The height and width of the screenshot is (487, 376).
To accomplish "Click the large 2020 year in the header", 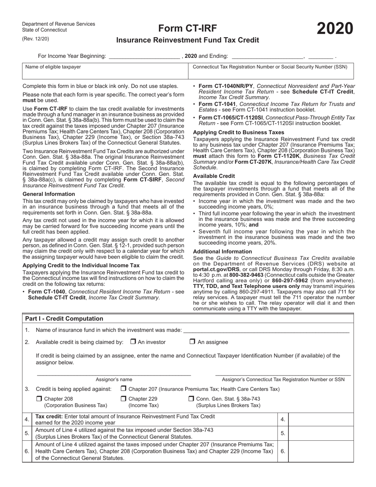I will [335, 29].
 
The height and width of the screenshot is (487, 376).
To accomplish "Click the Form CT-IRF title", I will [188, 28].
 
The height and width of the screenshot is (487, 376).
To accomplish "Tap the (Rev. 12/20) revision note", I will [36, 38].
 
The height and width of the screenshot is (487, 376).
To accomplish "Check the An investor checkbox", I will [133, 342].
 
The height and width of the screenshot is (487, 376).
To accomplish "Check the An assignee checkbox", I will [192, 342].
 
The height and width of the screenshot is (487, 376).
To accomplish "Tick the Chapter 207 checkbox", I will [123, 389].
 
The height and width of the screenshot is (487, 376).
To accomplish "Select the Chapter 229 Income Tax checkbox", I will [123, 399].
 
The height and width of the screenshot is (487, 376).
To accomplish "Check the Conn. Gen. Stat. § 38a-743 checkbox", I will [191, 399].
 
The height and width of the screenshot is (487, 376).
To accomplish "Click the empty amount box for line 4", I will [321, 419].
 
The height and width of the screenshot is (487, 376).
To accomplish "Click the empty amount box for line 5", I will [321, 433].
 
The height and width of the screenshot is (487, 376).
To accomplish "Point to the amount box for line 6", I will [321, 451].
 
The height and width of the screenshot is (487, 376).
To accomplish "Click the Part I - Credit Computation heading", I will [64, 319].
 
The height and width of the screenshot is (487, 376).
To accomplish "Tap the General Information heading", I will [49, 194].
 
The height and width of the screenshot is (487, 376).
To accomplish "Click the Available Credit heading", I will [214, 176].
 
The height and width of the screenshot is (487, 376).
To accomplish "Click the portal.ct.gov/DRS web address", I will [216, 269].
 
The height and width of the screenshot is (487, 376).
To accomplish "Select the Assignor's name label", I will [114, 379].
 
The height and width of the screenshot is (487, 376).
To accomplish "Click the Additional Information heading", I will [222, 251].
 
